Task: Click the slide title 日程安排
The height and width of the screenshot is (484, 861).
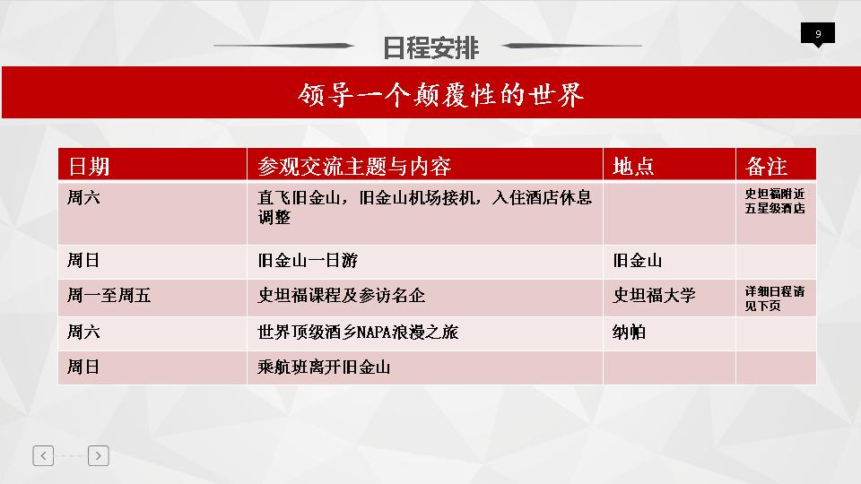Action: pos(430,48)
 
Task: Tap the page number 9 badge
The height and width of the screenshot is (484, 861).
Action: pos(818,34)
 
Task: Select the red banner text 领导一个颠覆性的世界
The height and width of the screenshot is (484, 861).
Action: pos(440,95)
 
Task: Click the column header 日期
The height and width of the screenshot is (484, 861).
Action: pos(89,167)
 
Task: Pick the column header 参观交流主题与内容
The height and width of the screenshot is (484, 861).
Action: pos(354,167)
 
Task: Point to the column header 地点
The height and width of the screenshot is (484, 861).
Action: pos(633,167)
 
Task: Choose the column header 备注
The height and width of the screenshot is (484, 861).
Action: pos(767,167)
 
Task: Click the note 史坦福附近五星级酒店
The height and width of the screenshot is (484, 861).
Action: pos(775,201)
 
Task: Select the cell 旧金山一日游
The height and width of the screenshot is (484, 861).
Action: pos(308,260)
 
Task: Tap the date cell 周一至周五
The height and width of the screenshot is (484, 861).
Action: pos(109,296)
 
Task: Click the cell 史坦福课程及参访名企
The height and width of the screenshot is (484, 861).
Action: pos(341,296)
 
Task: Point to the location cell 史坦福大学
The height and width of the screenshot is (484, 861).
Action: pos(654,296)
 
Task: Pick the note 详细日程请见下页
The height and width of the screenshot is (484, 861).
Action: pos(775,298)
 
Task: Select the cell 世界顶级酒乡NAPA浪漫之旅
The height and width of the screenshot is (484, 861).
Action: pos(358,332)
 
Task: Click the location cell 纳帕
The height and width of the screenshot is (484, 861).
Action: pos(629,332)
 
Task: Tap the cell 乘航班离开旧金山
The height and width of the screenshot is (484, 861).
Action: pos(324,367)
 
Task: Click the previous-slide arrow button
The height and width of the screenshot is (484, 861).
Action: pos(43,455)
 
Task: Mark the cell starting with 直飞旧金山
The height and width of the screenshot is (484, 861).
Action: pos(424,207)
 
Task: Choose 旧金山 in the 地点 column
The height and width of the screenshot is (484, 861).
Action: pos(637,260)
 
